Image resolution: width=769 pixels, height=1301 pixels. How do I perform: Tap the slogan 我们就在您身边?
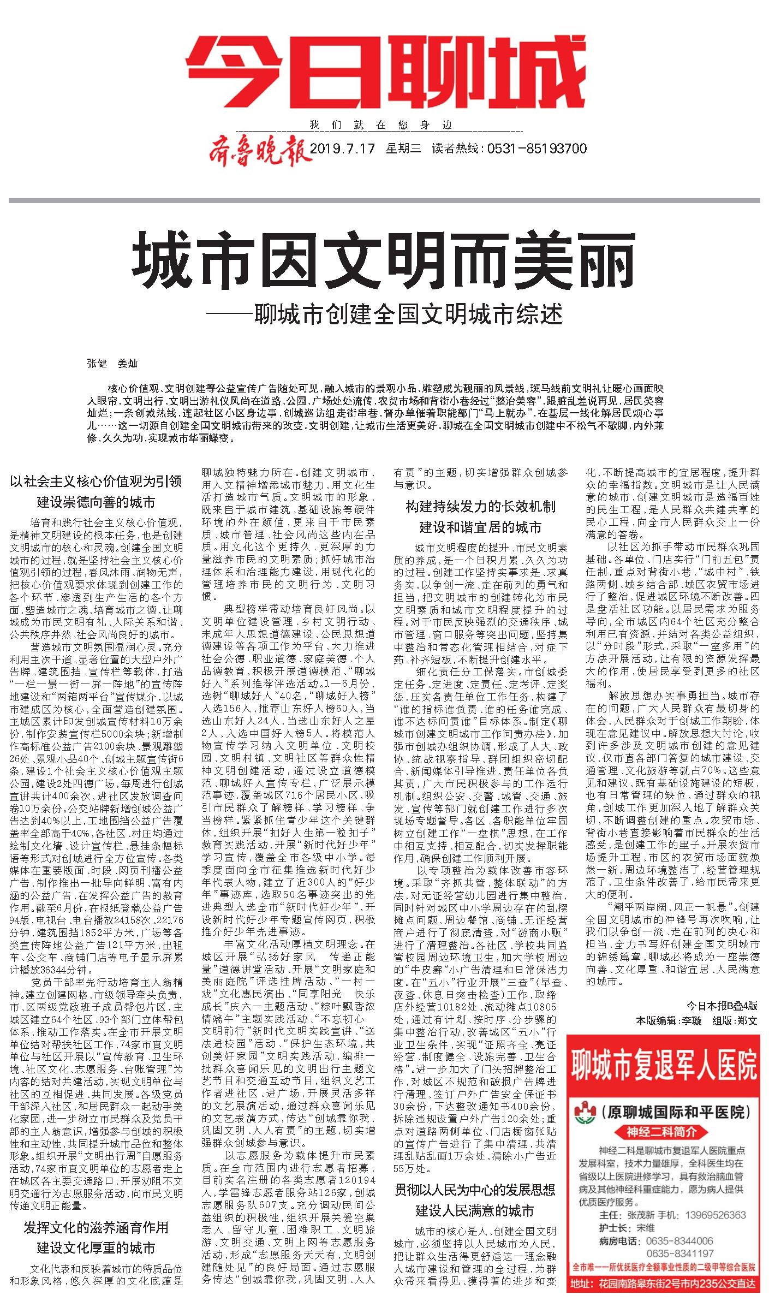(381, 124)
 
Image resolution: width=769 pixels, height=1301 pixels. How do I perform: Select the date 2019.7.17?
(342, 148)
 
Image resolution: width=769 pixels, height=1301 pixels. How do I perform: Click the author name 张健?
(97, 364)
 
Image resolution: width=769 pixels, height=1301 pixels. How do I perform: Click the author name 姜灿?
(127, 364)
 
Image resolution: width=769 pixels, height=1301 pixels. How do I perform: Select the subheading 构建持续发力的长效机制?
(480, 507)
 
